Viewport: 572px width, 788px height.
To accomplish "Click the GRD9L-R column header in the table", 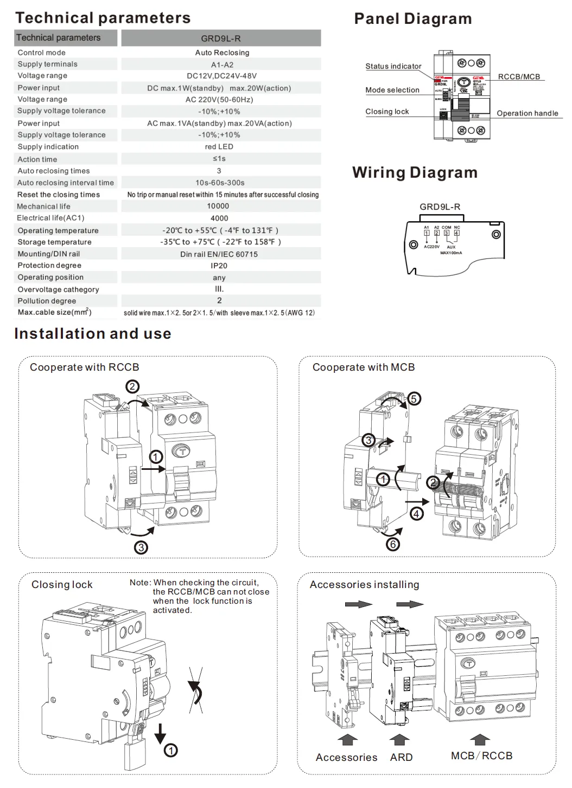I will tap(221, 38).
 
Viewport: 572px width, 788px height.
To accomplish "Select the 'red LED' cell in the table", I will tap(219, 147).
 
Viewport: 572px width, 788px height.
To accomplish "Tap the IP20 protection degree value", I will tap(219, 266).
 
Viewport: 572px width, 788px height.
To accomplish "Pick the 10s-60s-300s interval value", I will tap(220, 183).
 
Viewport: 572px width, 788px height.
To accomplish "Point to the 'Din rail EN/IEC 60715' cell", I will tap(219, 254).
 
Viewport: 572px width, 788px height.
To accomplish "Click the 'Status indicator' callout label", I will tap(393, 66).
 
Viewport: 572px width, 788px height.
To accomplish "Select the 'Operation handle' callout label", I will tap(527, 113).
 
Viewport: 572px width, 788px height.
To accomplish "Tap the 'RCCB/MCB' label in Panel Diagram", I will tap(519, 77).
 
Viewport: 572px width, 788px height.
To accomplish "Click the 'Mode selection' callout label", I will tap(392, 90).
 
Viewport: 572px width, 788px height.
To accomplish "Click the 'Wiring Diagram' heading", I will tap(415, 172).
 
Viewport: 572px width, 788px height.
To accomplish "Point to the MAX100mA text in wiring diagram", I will tap(451, 253).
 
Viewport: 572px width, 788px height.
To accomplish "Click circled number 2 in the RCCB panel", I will tap(132, 386).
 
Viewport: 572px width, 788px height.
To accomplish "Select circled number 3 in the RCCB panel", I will tap(141, 547).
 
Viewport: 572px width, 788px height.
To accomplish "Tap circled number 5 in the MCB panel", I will tap(414, 399).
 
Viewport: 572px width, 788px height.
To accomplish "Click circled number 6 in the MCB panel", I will tap(393, 544).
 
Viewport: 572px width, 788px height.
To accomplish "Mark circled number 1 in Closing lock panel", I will tap(171, 751).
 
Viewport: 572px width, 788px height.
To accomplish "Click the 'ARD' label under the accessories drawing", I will tap(401, 757).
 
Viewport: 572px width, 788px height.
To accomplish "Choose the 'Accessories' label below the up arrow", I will tap(346, 757).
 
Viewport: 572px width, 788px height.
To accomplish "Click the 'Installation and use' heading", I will tap(93, 334).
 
